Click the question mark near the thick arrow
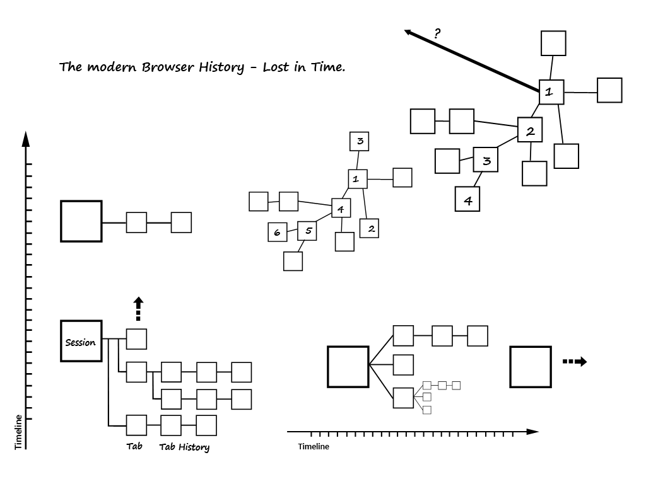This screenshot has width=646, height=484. (x=437, y=33)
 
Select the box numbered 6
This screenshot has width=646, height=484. (x=277, y=233)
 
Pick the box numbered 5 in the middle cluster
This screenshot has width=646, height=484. (x=307, y=231)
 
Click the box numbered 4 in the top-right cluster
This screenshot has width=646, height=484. (x=467, y=200)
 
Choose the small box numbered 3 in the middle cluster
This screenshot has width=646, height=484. (x=360, y=141)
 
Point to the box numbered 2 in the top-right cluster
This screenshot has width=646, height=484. (x=530, y=130)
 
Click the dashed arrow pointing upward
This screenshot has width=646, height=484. (x=139, y=309)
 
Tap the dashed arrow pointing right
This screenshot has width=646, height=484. (x=575, y=362)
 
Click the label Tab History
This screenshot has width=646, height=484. (x=184, y=447)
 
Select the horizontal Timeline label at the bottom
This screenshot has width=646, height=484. (x=314, y=447)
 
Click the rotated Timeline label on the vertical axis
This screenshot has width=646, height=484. (x=18, y=432)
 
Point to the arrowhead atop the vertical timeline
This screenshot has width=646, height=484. (x=26, y=138)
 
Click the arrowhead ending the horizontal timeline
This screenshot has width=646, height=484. (x=533, y=432)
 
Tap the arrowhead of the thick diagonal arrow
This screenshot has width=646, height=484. (x=409, y=32)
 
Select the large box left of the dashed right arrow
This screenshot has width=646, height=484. (x=531, y=367)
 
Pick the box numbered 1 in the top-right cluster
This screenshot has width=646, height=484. (x=551, y=92)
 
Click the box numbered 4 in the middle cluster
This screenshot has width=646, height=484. (x=341, y=208)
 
